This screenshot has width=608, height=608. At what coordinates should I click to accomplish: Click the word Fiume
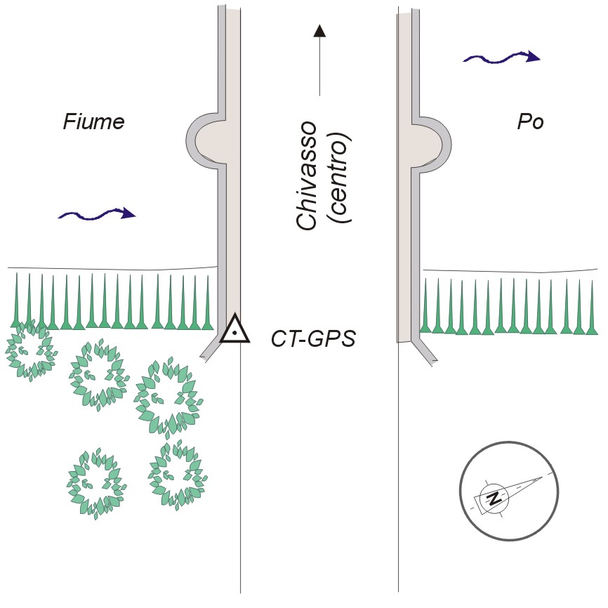click(x=93, y=122)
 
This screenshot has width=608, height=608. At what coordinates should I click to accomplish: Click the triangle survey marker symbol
click(x=235, y=329)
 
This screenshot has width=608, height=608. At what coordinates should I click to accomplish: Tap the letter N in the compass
click(x=495, y=498)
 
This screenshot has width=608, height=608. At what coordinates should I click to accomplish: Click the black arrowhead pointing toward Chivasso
click(x=319, y=29)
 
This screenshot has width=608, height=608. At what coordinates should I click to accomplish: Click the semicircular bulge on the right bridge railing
click(x=430, y=139)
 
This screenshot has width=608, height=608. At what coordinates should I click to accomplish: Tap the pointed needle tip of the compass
click(x=544, y=477)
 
